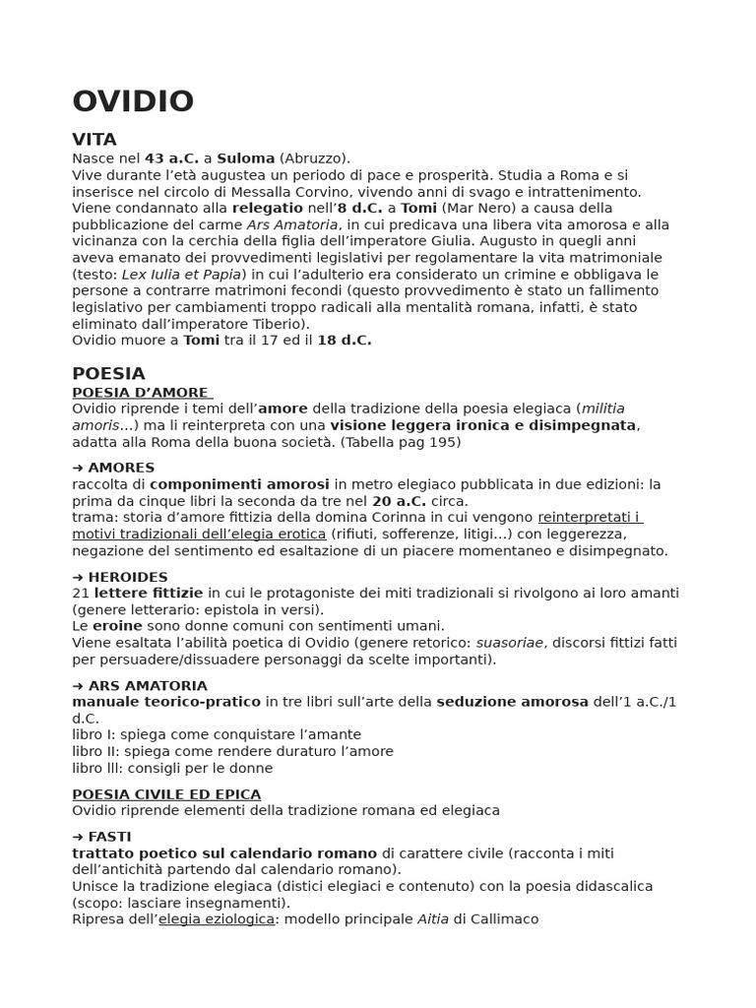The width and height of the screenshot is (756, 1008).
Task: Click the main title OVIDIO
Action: (133, 102)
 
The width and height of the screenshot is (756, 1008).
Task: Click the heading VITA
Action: (94, 139)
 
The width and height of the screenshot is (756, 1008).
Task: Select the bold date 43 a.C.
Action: (171, 158)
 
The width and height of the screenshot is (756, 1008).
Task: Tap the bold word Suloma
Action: (246, 158)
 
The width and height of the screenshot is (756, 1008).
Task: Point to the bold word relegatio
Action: (267, 208)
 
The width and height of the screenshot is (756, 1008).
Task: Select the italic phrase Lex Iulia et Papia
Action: (182, 274)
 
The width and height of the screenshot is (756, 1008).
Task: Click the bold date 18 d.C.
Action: (344, 340)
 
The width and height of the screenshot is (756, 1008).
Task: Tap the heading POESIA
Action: (108, 373)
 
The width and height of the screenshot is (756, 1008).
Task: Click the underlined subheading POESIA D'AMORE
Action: (141, 392)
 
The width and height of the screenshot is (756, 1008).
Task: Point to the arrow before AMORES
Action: (78, 468)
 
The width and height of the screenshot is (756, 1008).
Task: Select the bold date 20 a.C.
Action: (399, 500)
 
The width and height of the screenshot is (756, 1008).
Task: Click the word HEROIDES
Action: (128, 577)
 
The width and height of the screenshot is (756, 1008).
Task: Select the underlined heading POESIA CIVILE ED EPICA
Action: (166, 793)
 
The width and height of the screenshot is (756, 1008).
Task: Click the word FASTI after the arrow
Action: (109, 837)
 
